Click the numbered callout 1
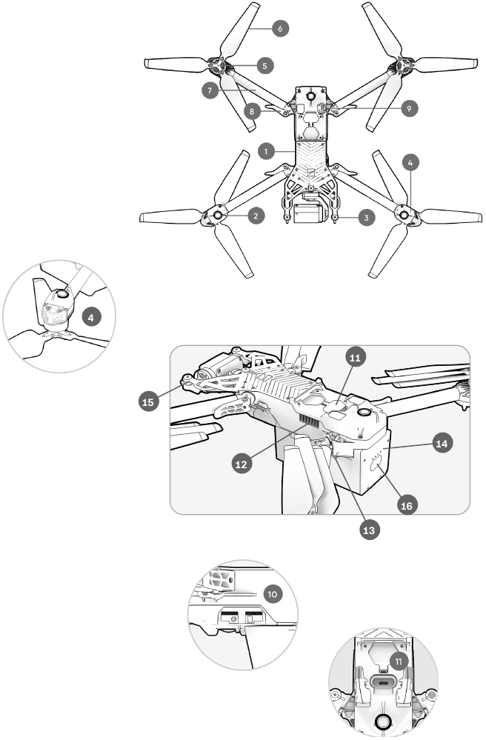coord(263,150)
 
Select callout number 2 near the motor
coord(255,216)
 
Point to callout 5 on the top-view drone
coord(264,65)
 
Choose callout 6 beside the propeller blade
coord(279,28)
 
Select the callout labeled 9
coord(407,108)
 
